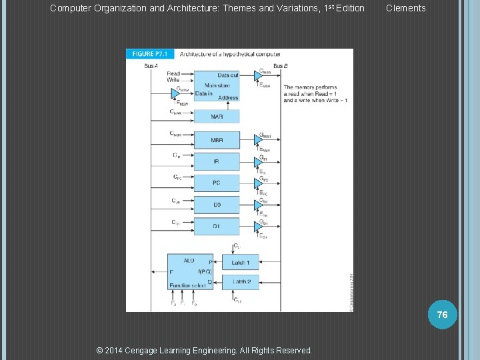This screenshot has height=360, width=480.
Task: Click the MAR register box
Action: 217,117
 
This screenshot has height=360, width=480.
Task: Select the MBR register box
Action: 217,141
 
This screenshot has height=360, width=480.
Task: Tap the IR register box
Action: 217,161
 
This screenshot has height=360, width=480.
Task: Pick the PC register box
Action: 217,183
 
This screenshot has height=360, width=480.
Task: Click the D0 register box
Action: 217,205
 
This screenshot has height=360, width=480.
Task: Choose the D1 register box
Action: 217,227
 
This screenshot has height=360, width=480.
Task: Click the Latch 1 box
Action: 241,263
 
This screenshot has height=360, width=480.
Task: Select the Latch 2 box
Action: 241,282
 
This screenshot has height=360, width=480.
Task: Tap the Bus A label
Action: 151,65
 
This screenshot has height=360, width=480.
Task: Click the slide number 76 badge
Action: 443,314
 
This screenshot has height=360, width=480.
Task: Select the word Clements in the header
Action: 405,8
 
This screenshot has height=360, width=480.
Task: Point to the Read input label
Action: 173,74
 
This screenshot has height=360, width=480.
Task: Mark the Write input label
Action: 173,80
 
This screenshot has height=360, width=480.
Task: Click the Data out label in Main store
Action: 228,75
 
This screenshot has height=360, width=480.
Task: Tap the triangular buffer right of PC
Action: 258,183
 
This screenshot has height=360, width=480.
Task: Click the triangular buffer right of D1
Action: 258,227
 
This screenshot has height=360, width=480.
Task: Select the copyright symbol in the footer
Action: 100,351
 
